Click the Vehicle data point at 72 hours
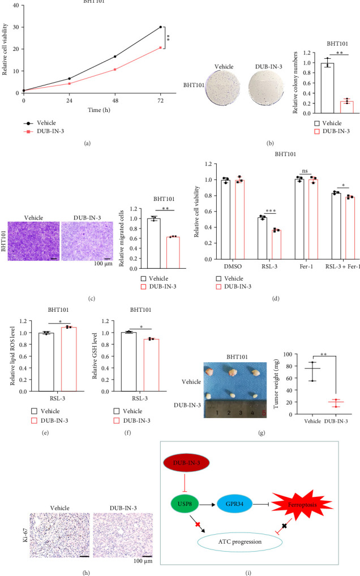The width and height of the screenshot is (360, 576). pyautogui.click(x=161, y=27)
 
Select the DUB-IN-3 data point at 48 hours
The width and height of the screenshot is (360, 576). pyautogui.click(x=115, y=70)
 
